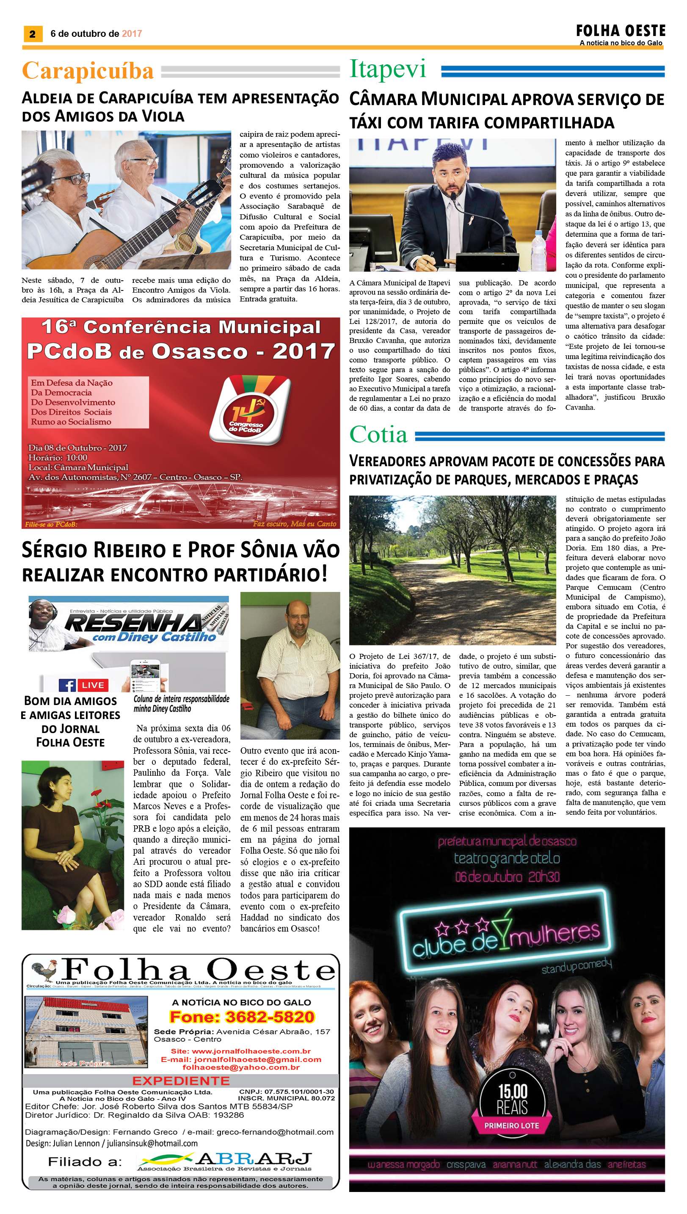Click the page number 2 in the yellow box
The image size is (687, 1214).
[32, 33]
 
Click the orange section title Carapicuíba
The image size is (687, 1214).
[88, 71]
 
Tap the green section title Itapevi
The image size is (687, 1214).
[387, 69]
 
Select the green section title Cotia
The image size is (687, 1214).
[378, 434]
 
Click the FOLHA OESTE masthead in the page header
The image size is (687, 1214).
[620, 31]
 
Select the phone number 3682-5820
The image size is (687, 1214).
[242, 1017]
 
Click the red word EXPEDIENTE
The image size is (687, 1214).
[181, 1081]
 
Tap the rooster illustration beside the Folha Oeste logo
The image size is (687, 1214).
[44, 971]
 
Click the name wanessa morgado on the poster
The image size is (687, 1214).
[403, 1164]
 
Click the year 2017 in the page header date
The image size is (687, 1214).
[132, 33]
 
